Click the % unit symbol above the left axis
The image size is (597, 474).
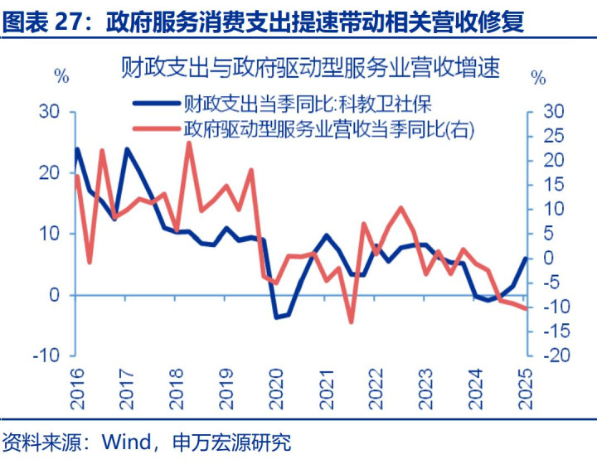61,77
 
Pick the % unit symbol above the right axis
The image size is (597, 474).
539,79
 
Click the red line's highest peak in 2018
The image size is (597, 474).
189,143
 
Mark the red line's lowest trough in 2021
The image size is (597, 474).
351,322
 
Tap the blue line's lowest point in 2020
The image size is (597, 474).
277,317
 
